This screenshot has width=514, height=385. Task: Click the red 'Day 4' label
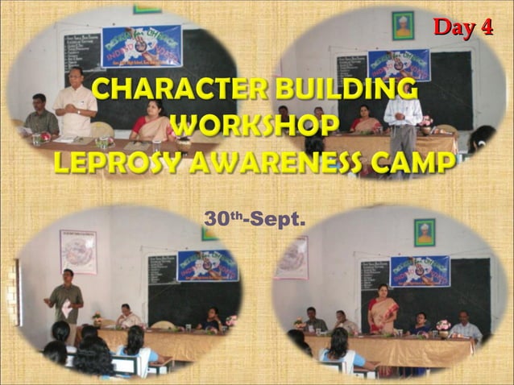point(462,27)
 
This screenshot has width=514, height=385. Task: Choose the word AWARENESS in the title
point(283,162)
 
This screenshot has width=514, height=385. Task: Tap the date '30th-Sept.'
point(255,217)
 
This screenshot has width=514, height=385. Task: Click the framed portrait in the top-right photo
point(403,25)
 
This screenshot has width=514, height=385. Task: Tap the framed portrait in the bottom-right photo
point(424,232)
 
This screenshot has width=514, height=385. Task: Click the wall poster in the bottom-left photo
point(78,250)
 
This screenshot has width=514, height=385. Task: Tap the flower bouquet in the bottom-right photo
point(442,325)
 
